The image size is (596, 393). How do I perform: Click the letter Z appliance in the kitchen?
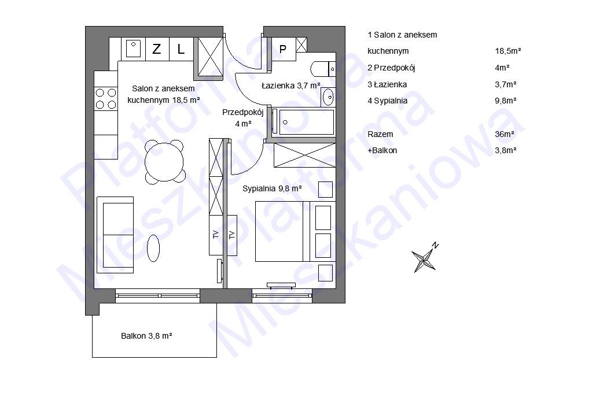(x=157, y=49)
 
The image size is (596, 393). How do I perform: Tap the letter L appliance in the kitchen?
(x=181, y=49)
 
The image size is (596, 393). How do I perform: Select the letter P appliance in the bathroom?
(x=283, y=49)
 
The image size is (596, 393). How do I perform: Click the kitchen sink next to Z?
(x=133, y=49)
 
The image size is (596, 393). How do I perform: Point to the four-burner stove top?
(x=106, y=98)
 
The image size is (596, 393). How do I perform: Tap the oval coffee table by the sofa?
(x=153, y=249)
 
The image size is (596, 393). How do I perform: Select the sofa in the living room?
(x=115, y=235)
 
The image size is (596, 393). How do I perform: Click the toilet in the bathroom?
(x=323, y=69)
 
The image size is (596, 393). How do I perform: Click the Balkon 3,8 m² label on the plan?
(x=147, y=336)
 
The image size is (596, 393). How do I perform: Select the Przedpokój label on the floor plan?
(x=243, y=112)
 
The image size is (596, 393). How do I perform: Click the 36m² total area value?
(x=505, y=134)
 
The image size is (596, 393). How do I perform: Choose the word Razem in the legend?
(x=380, y=134)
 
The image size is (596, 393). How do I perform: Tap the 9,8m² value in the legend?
(x=506, y=101)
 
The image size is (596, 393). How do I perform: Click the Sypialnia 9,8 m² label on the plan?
(x=272, y=188)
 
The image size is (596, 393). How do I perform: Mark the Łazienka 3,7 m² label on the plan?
(x=291, y=86)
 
